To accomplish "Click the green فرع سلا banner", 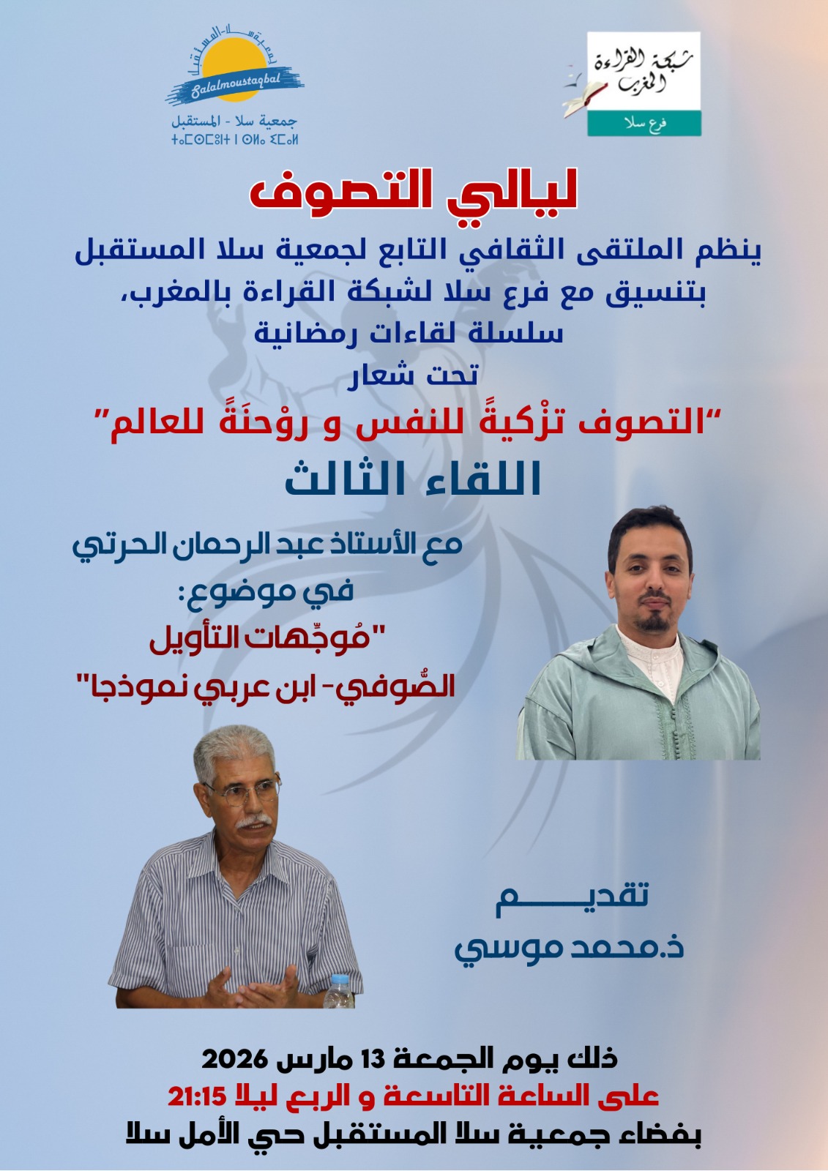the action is (644, 124).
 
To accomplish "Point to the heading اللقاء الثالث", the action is (413, 479).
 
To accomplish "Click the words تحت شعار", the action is (413, 375).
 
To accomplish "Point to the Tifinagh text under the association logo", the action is (234, 140).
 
